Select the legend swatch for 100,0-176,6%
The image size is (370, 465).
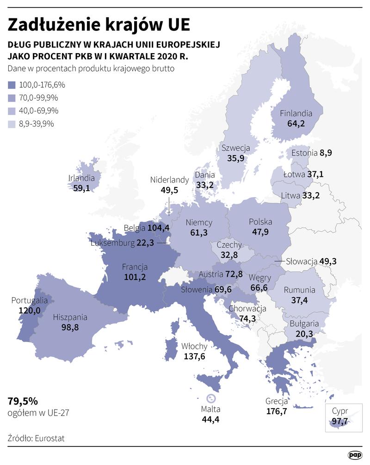click(x=12, y=85)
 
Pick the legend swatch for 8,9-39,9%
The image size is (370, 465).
click(x=12, y=124)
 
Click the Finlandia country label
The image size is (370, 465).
click(x=296, y=113)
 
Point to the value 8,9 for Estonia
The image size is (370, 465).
click(x=326, y=153)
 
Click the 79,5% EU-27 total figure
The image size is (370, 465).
click(x=23, y=400)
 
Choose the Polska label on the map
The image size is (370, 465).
click(x=260, y=222)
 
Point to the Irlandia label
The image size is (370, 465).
click(x=81, y=178)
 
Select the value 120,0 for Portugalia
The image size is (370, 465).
click(x=29, y=310)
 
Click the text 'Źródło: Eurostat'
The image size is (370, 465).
click(x=36, y=438)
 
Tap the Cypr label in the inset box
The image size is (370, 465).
click(x=340, y=411)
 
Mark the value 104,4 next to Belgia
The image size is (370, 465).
click(x=159, y=228)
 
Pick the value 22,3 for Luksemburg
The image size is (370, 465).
click(x=145, y=243)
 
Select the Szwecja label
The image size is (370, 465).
click(x=235, y=148)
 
